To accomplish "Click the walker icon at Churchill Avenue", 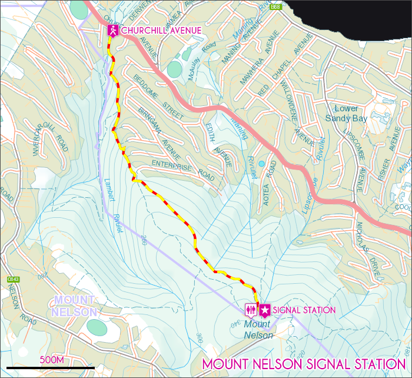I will click(x=112, y=31).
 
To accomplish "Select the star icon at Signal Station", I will click(x=265, y=310).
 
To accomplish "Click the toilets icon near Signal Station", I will click(x=251, y=310).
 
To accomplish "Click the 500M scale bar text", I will click(x=51, y=359).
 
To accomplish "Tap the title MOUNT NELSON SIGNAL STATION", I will click(x=304, y=364).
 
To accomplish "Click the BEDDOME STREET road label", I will click(x=158, y=95).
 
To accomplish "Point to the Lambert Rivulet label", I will click(x=112, y=206).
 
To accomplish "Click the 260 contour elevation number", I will click(x=144, y=240).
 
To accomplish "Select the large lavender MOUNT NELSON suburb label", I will click(x=74, y=306).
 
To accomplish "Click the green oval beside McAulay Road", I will click(x=174, y=69).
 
